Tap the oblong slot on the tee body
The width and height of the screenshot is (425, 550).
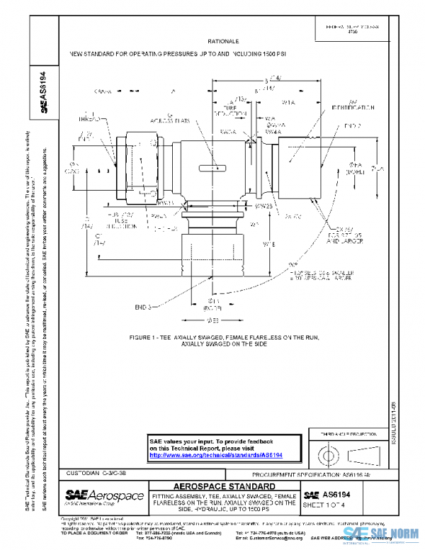pos(211,169)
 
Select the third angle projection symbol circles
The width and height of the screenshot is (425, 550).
pos(328,452)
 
